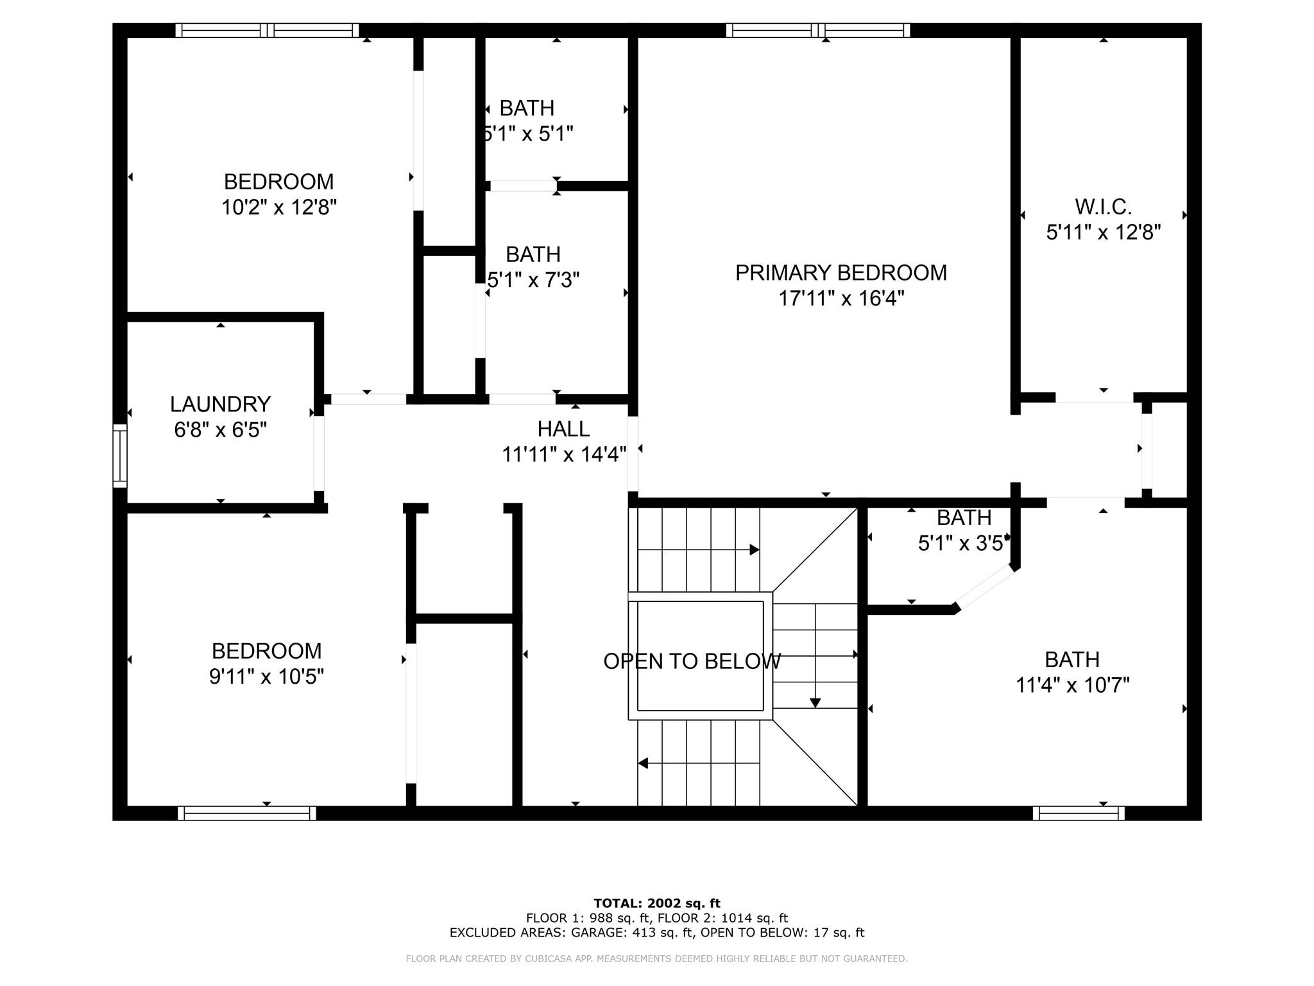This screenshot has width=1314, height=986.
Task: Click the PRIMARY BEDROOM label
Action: click(x=840, y=273)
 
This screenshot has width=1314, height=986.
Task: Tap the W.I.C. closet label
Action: click(x=1104, y=207)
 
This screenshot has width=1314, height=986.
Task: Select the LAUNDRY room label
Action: click(x=220, y=404)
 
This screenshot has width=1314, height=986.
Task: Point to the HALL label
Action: click(x=563, y=428)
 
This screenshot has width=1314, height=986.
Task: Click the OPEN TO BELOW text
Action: click(x=692, y=661)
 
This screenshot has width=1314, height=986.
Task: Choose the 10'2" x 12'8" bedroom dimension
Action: click(x=279, y=207)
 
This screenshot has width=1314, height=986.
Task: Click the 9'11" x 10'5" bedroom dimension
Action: click(x=266, y=677)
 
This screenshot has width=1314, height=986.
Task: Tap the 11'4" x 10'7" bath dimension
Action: click(x=1072, y=686)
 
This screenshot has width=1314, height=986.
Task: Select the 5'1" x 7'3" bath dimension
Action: click(x=533, y=280)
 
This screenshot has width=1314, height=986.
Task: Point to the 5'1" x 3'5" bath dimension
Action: click(x=964, y=544)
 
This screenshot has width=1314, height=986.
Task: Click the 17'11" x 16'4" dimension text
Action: click(x=841, y=298)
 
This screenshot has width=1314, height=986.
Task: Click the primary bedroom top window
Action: click(x=818, y=30)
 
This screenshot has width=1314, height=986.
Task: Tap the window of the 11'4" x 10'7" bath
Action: click(x=1079, y=813)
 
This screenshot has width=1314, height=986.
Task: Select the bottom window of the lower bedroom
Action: click(x=247, y=813)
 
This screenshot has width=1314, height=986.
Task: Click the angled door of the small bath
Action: click(x=984, y=587)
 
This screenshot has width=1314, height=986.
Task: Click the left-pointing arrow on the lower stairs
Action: click(x=699, y=763)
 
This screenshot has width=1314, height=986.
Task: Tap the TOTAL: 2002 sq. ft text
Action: click(x=657, y=903)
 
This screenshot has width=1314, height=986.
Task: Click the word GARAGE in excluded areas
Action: click(x=596, y=933)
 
